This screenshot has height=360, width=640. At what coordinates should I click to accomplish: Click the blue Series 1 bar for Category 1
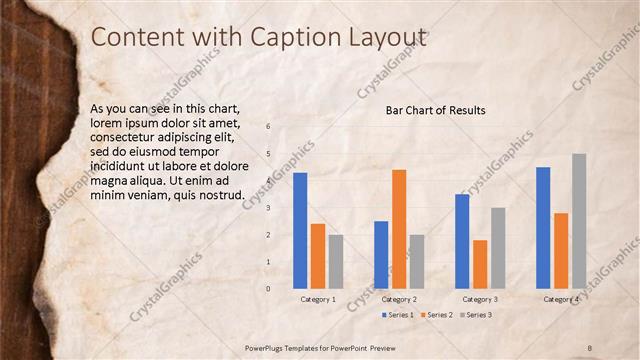[300, 230]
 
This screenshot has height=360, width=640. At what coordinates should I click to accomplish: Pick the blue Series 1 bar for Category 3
[462, 240]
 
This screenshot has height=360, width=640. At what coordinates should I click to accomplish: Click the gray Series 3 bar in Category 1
[336, 261]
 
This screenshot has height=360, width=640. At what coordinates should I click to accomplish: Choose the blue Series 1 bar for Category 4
[543, 227]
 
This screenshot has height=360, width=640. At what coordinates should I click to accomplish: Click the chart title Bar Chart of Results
[435, 110]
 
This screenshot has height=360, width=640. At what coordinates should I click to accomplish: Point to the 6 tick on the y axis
[268, 127]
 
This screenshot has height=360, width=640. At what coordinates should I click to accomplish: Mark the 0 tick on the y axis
[268, 288]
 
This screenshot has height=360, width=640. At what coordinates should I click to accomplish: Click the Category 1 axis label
[318, 300]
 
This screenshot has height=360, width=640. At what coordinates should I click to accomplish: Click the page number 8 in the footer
[589, 347]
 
